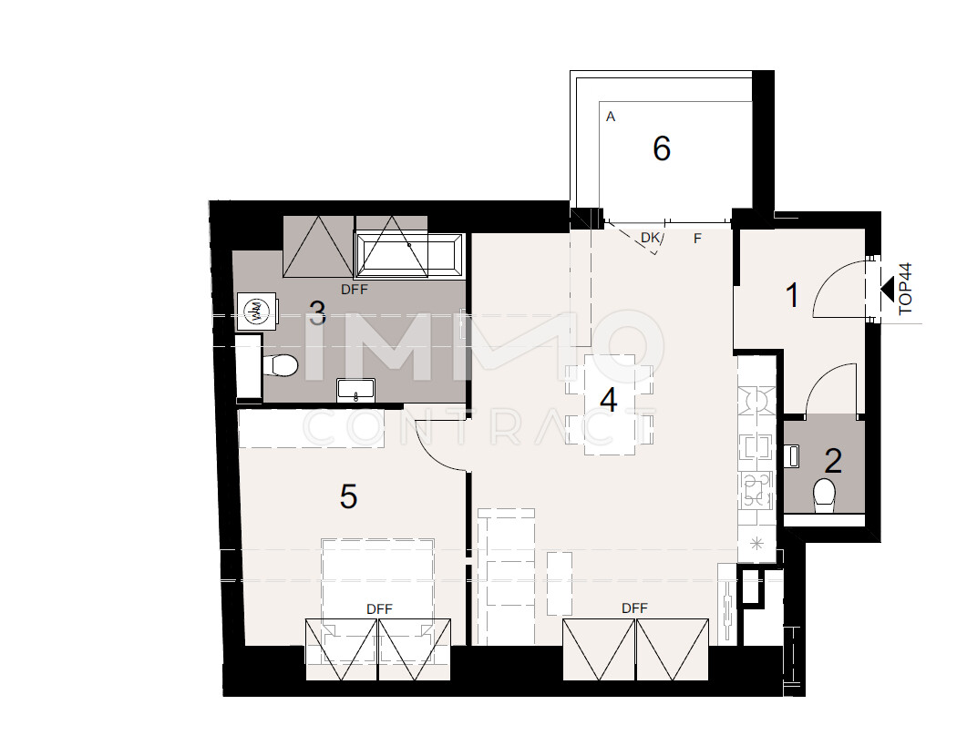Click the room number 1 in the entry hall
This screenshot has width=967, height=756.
coord(793,296)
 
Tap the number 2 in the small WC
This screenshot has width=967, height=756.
coord(832,462)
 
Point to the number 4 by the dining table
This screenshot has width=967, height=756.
coord(608,401)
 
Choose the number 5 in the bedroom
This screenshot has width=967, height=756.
coord(348,497)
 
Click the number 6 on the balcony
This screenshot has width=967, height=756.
coord(662,148)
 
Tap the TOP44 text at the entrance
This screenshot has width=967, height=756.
coord(905,289)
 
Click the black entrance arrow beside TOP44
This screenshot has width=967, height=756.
coord(886,289)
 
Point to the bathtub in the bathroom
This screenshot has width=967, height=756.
coord(409,255)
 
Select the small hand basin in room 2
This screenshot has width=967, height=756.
coord(792,454)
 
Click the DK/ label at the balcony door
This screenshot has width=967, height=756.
coord(652,239)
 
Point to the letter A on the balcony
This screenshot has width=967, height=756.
coord(611,117)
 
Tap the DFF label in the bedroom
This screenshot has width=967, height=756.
coord(379,608)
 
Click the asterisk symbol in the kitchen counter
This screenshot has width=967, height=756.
coord(755,545)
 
